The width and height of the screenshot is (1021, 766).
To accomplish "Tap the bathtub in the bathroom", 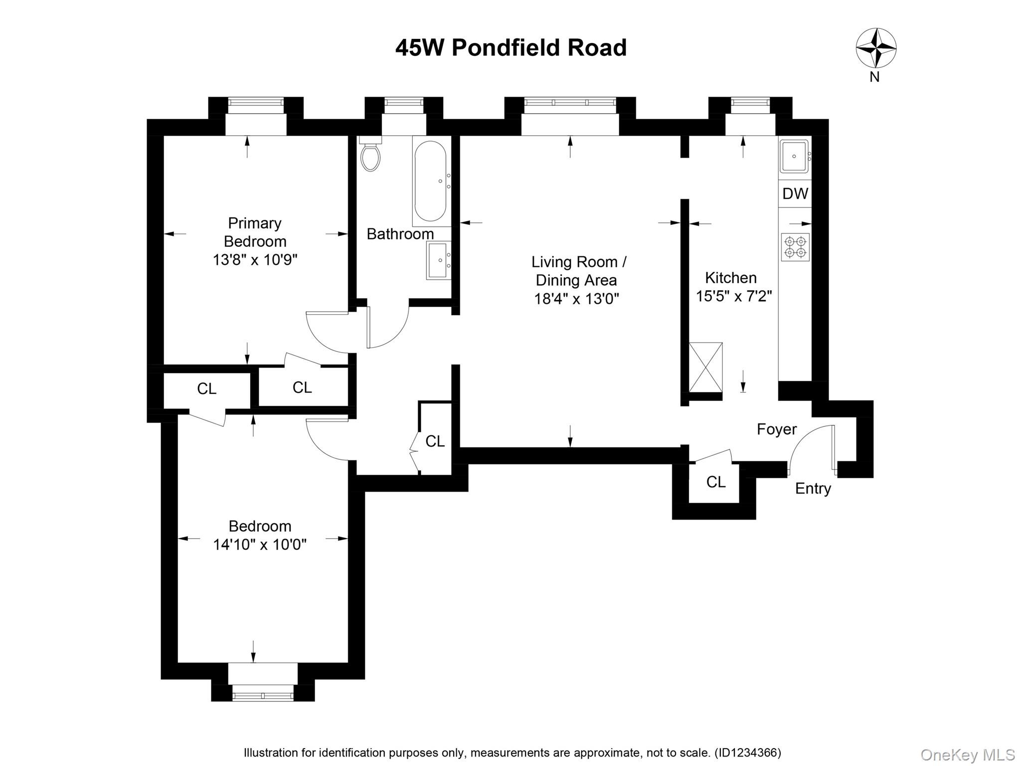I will pyautogui.click(x=430, y=182).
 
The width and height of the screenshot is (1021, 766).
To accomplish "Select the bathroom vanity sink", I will pyautogui.click(x=439, y=260).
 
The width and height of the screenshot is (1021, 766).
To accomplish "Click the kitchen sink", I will pyautogui.click(x=794, y=156).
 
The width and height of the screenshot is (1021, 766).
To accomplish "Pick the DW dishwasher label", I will pyautogui.click(x=795, y=193).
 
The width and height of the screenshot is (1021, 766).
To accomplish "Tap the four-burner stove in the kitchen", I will pyautogui.click(x=795, y=247).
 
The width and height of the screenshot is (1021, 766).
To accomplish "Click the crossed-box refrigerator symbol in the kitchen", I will pyautogui.click(x=705, y=367).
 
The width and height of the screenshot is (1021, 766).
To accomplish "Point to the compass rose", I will pyautogui.click(x=876, y=48).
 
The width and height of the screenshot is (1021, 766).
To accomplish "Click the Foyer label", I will pyautogui.click(x=776, y=429).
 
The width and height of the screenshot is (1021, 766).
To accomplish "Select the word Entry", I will pyautogui.click(x=813, y=488).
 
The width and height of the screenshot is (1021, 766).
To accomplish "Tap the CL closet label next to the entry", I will pyautogui.click(x=716, y=482).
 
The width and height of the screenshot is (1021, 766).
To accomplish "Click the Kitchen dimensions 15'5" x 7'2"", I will pyautogui.click(x=734, y=296).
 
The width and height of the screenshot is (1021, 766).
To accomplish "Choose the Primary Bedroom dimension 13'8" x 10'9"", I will pyautogui.click(x=255, y=260).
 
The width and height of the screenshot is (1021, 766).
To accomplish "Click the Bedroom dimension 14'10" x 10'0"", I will pyautogui.click(x=260, y=544).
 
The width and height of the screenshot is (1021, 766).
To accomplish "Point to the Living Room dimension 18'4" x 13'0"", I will pyautogui.click(x=576, y=299).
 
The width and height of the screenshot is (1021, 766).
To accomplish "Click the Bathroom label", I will pyautogui.click(x=400, y=234).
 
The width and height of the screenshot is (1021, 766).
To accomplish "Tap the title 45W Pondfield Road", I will pyautogui.click(x=510, y=48).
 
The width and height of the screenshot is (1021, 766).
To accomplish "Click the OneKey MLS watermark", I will pyautogui.click(x=967, y=755).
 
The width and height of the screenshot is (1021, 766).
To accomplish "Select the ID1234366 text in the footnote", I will pyautogui.click(x=748, y=753).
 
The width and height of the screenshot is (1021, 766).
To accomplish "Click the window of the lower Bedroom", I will pyautogui.click(x=263, y=694).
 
